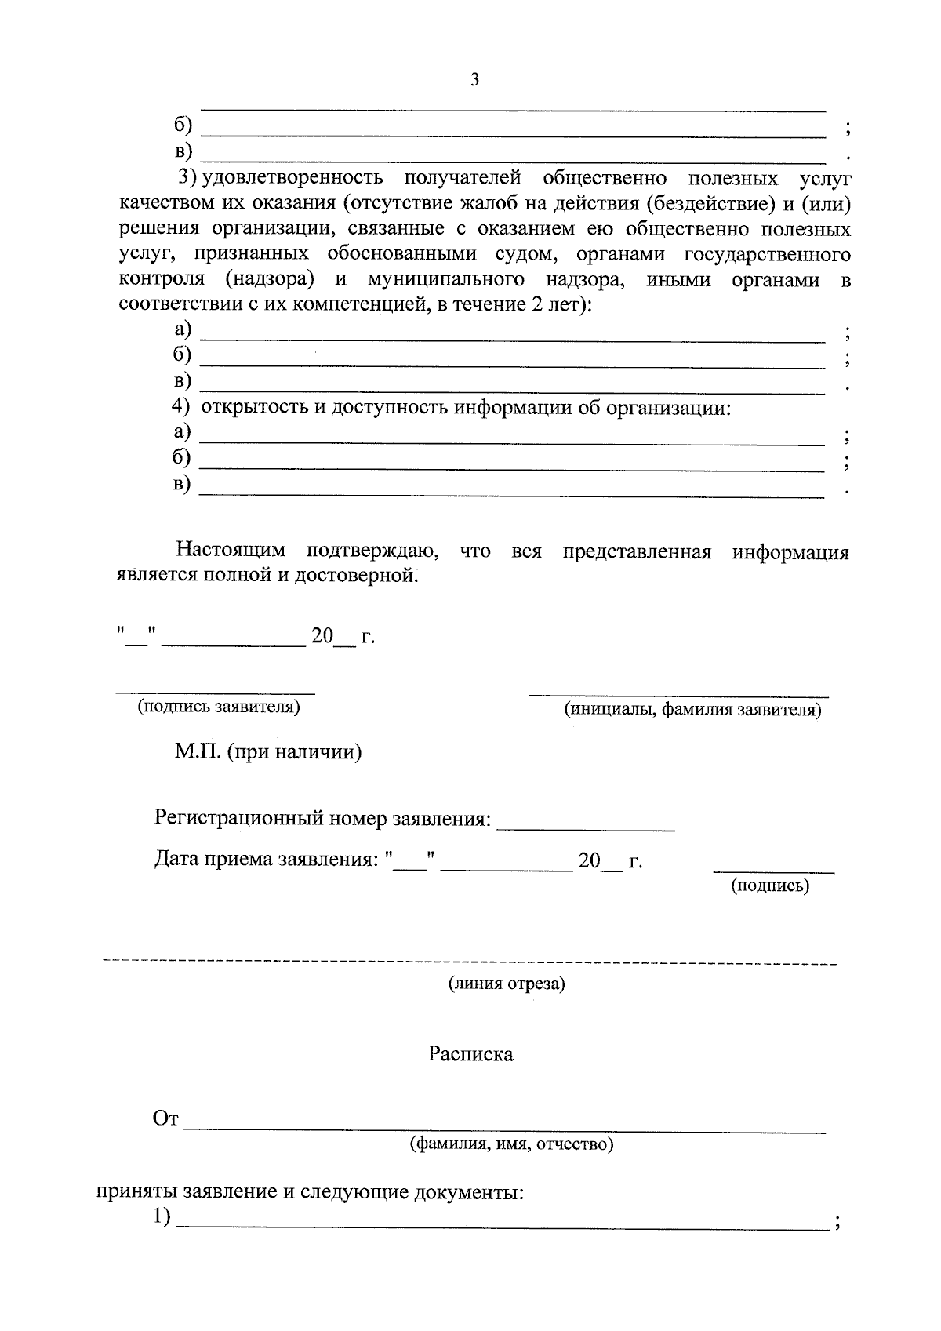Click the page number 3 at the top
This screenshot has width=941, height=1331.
pos(474,79)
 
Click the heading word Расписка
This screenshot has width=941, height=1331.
pos(470,1054)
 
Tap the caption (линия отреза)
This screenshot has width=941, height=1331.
pos(507,984)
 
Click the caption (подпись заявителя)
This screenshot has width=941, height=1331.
pos(219,707)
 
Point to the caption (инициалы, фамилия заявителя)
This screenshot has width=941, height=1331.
pos(693,711)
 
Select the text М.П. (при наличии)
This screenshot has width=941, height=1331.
pos(268,753)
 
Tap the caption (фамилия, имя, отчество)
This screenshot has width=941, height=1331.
pos(511,1144)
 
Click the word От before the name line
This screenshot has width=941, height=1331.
pos(166,1119)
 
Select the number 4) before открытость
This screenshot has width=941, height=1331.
pos(181,406)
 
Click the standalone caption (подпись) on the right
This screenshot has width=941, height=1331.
pos(770,886)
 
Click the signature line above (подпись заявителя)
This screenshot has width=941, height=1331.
pos(216,693)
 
